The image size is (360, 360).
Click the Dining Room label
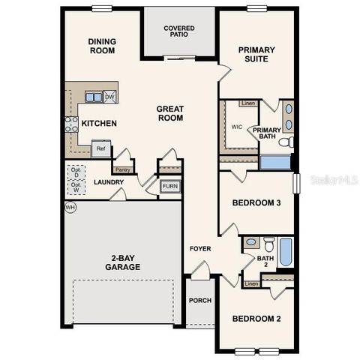point(101,46)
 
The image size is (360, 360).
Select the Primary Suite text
point(256,55)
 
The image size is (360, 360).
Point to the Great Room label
point(170,113)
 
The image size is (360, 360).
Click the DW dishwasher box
point(109,97)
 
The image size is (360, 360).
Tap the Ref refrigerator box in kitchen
point(100,148)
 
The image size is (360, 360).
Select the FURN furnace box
point(170,186)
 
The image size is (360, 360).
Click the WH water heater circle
point(70,207)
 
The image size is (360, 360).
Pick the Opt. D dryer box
point(76,172)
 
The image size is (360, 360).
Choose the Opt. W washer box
point(76,188)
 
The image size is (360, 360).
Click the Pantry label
point(122,170)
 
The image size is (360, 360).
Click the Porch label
point(199,301)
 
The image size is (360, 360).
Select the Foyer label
point(200,248)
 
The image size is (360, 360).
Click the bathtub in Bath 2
point(286,252)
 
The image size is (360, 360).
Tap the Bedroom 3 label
point(256,202)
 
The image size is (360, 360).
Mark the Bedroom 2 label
point(256,319)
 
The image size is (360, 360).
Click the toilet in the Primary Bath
point(285,141)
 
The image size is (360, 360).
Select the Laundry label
point(109,182)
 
